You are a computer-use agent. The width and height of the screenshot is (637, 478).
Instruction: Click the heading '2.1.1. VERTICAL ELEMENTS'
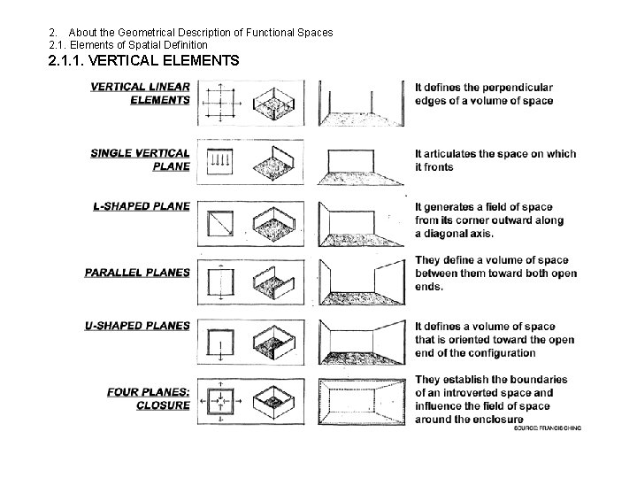pos(144,62)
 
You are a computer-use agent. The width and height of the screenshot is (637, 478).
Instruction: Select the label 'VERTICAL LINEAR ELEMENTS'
pos(140,93)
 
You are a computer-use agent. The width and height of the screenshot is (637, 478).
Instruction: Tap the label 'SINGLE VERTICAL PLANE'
pos(140,159)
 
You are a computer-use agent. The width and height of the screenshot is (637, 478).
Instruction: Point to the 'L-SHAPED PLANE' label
pos(142,206)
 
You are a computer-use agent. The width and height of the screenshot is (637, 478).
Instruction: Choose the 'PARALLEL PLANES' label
pos(137,272)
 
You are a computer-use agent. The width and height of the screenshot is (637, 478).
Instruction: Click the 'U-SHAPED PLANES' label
pos(139,326)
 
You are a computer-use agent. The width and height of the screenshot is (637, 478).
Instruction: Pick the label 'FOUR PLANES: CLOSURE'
pos(148,398)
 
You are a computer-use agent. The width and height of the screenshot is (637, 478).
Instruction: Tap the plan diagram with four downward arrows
pos(219,161)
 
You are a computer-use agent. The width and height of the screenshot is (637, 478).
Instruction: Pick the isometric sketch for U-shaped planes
pos(276,341)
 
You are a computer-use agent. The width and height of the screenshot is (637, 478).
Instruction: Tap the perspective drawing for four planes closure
pos(363,398)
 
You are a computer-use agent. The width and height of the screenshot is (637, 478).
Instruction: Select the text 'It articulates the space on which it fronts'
pos(495,160)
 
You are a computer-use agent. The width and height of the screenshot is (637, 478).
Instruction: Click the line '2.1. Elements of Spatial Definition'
pos(128,44)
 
